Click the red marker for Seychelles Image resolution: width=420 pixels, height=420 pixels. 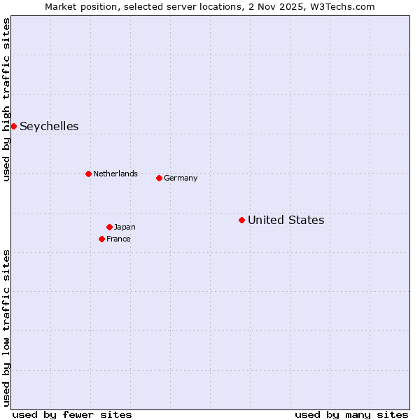13,126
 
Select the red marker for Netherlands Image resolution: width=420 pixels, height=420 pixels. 88,174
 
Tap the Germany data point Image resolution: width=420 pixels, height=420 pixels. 159,178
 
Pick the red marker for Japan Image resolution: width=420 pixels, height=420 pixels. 109,227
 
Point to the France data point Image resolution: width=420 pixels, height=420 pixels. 101,239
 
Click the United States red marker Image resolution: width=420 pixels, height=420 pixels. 241,220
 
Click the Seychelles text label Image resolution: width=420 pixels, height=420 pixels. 49,126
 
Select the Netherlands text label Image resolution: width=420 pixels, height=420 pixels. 115,174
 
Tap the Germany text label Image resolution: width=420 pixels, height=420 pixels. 181,178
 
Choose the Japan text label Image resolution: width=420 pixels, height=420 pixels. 125,227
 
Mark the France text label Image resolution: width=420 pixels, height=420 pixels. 118,239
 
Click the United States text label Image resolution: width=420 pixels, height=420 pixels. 286,220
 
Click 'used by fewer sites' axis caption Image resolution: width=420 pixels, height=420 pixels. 72,414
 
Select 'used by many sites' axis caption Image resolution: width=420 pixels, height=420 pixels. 351,414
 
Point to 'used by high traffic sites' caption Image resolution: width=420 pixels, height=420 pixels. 6,99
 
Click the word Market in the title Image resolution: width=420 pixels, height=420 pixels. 60,6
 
